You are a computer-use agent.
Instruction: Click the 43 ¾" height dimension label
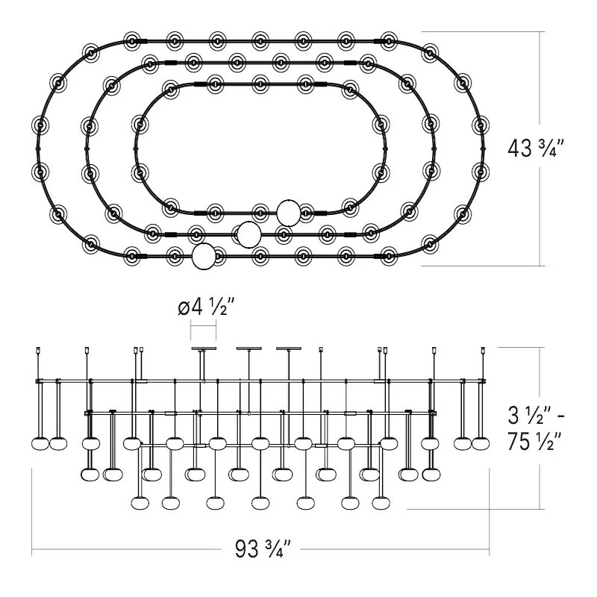coord(536,148)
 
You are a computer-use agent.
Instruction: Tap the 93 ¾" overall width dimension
coord(263,548)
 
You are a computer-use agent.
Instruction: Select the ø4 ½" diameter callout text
coord(206,307)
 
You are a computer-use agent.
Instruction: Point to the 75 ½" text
coord(534,441)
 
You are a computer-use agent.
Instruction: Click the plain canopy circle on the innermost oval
coord(288,213)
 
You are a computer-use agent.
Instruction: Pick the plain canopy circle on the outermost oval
coord(204,257)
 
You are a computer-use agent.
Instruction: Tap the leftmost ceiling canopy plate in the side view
coord(204,348)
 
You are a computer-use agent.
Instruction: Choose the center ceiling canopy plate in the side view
coord(249,348)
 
